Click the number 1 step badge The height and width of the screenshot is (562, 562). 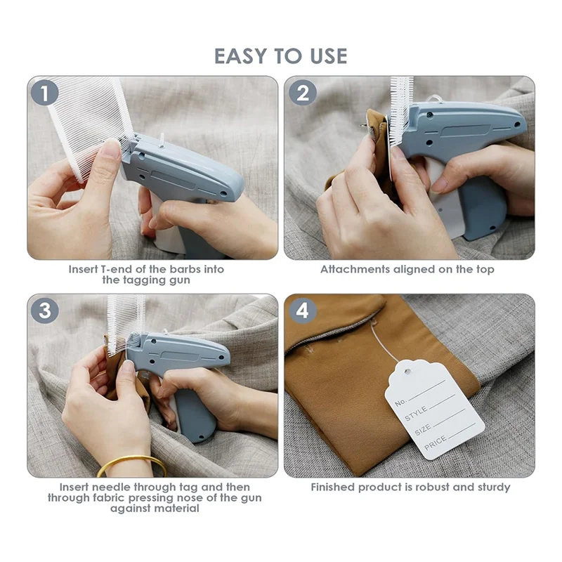pyautogui.click(x=44, y=93)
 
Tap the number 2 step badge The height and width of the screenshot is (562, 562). pyautogui.click(x=303, y=93)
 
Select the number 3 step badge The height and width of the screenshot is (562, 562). pyautogui.click(x=44, y=311)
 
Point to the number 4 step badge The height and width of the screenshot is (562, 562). pyautogui.click(x=303, y=311)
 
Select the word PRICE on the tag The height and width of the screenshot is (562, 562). pyautogui.click(x=436, y=443)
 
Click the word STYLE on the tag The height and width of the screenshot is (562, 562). pyautogui.click(x=416, y=414)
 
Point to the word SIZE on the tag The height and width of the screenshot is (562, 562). pyautogui.click(x=423, y=429)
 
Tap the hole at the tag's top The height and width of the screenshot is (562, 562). pyautogui.click(x=407, y=371)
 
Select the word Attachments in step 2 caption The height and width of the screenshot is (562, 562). pyautogui.click(x=355, y=269)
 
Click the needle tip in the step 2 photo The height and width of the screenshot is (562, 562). pyautogui.click(x=360, y=125)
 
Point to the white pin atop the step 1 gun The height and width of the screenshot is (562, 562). pyautogui.click(x=162, y=140)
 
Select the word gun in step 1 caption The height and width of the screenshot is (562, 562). pyautogui.click(x=178, y=280)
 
